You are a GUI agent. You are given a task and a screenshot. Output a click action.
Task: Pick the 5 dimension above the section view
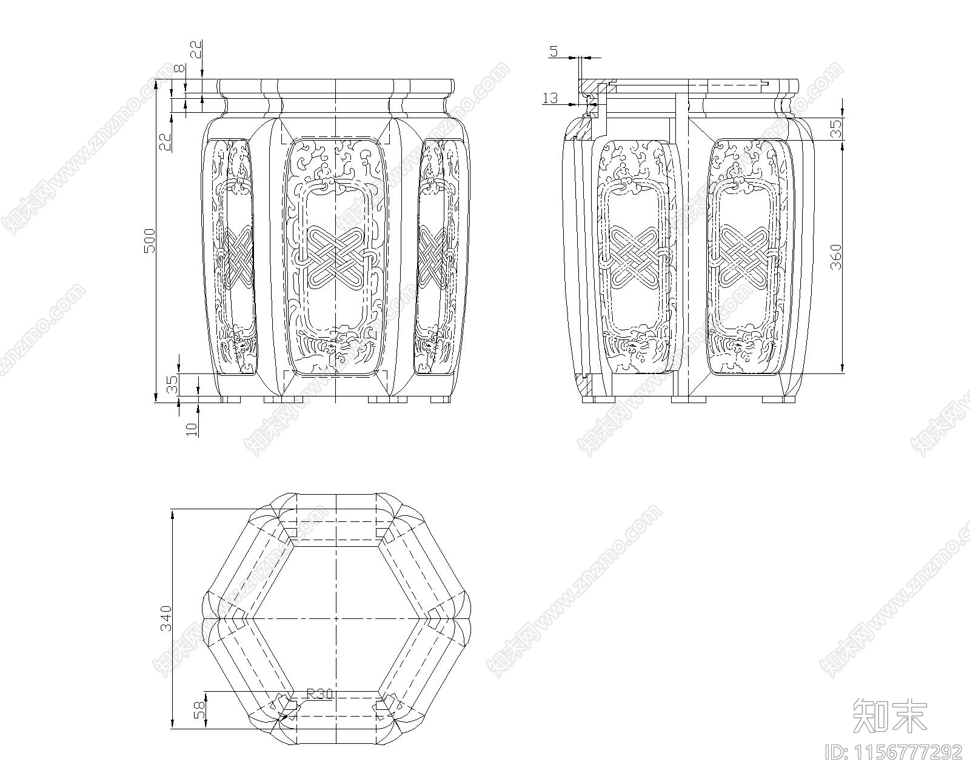click(x=554, y=52)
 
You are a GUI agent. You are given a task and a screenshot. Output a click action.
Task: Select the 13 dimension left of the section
click(x=550, y=98)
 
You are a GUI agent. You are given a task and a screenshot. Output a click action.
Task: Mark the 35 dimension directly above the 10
click(x=173, y=384)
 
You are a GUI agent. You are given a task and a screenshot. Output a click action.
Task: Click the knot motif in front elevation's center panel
click(x=335, y=256)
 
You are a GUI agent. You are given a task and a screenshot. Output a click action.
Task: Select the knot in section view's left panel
click(x=633, y=256)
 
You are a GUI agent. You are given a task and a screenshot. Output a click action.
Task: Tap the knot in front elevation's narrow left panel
click(x=235, y=256)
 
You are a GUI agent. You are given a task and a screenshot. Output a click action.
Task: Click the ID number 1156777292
click(x=894, y=752)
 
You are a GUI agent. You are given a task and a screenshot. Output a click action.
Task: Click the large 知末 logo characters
click(x=889, y=715)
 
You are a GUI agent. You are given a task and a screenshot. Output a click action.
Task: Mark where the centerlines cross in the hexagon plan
click(x=335, y=618)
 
